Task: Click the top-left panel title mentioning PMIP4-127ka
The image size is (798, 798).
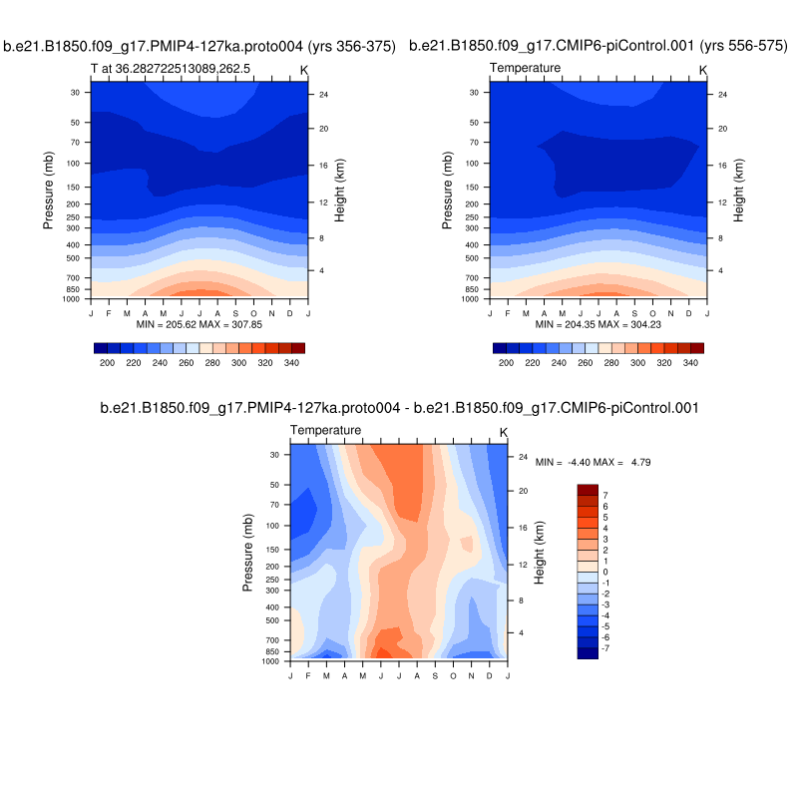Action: (x=199, y=46)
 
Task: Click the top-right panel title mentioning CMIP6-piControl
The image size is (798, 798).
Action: (x=598, y=46)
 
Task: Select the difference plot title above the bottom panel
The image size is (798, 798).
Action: (x=399, y=408)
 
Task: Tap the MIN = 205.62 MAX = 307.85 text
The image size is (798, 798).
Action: (x=199, y=325)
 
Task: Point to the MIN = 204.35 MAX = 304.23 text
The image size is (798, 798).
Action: (x=598, y=325)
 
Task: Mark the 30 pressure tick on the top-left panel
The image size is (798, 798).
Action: (x=76, y=92)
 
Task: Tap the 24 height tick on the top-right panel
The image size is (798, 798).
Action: (x=721, y=94)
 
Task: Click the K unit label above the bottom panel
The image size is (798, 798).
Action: (x=504, y=432)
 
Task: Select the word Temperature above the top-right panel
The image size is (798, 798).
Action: (x=526, y=68)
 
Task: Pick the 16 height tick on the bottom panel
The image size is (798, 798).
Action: (x=522, y=528)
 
